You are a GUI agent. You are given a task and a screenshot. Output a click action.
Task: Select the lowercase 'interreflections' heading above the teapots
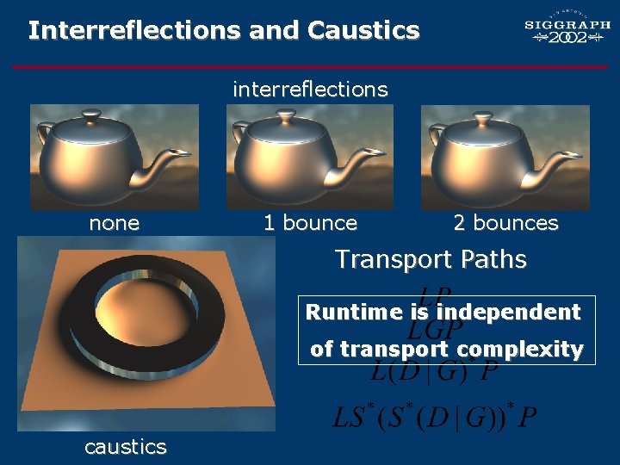tap(310, 89)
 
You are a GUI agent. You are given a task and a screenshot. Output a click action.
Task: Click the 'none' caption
tap(115, 223)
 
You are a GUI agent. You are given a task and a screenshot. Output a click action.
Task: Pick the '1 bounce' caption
tap(310, 223)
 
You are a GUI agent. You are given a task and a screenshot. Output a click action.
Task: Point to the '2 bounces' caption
tap(505, 223)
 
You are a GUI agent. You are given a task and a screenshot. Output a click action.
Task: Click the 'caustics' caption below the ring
tap(126, 446)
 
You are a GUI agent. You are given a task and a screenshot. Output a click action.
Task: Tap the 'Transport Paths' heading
tap(431, 259)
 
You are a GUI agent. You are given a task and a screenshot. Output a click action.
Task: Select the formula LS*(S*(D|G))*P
tap(434, 418)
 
